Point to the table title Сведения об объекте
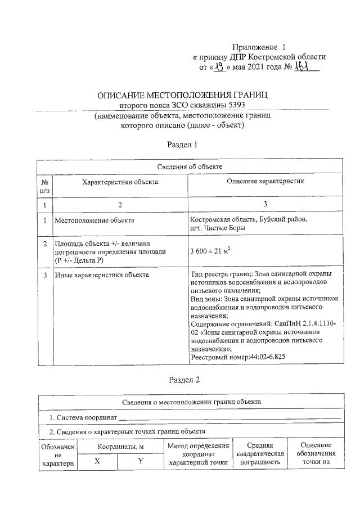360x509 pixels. coord(190,167)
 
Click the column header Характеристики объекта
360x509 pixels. coord(120,182)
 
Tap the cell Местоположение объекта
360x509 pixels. coord(94,220)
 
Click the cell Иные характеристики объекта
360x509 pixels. coord(101,275)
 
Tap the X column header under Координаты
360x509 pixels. coord(97,461)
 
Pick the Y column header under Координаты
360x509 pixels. coord(141,461)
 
